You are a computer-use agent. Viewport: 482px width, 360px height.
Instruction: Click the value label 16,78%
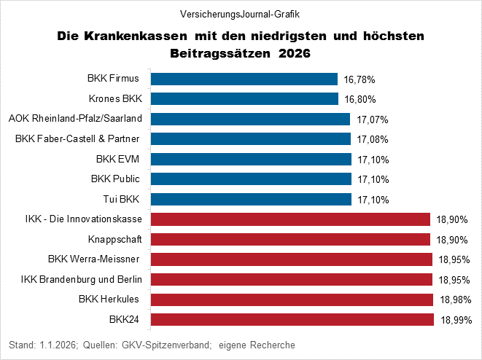(x=360, y=79)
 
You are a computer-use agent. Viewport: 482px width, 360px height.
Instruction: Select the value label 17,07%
(x=373, y=119)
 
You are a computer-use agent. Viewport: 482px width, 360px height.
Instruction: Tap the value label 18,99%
(x=456, y=319)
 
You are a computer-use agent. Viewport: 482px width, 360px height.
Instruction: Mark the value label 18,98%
(x=456, y=300)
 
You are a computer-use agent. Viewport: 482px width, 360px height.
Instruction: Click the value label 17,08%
(x=373, y=139)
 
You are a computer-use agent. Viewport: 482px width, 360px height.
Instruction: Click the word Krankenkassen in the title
(x=141, y=36)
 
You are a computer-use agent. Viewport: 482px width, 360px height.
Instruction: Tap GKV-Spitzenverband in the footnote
(x=166, y=344)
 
